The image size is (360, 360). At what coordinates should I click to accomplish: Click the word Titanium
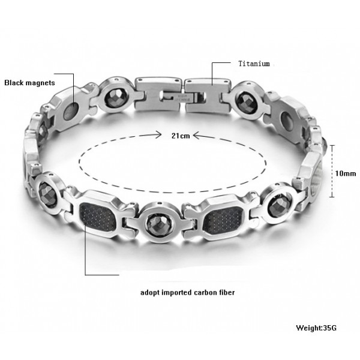tap(254, 64)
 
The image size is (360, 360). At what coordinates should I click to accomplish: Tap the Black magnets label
tap(29, 83)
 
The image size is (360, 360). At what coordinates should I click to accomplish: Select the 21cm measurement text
tap(181, 136)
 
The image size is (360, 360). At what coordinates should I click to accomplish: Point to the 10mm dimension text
tap(346, 173)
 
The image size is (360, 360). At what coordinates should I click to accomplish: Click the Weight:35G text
tap(316, 328)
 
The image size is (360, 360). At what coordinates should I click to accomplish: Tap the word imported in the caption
tap(177, 293)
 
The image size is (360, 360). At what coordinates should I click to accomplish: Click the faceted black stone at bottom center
tap(157, 224)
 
